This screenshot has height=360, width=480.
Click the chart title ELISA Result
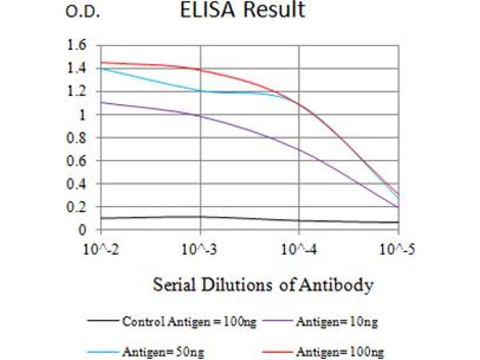[x=243, y=10]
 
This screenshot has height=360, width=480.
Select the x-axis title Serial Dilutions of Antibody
[x=263, y=284]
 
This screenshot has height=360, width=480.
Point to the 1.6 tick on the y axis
[x=79, y=45]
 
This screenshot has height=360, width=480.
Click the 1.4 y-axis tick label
[x=79, y=68]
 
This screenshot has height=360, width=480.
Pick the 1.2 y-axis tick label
[x=79, y=91]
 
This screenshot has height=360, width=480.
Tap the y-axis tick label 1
[x=83, y=115]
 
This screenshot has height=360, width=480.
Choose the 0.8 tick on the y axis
[x=79, y=137]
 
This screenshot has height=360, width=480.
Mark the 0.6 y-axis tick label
[x=79, y=161]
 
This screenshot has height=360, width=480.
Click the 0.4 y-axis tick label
[x=79, y=184]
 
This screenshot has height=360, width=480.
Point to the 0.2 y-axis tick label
[x=79, y=207]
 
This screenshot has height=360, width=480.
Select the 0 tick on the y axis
[x=83, y=230]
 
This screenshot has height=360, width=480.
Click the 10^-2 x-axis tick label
[x=101, y=249]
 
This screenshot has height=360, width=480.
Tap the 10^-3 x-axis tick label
[x=200, y=249]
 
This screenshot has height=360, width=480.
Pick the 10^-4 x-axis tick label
[x=299, y=249]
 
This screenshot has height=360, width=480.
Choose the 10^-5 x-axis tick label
[x=398, y=249]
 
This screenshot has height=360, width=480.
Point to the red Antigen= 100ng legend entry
[x=339, y=352]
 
